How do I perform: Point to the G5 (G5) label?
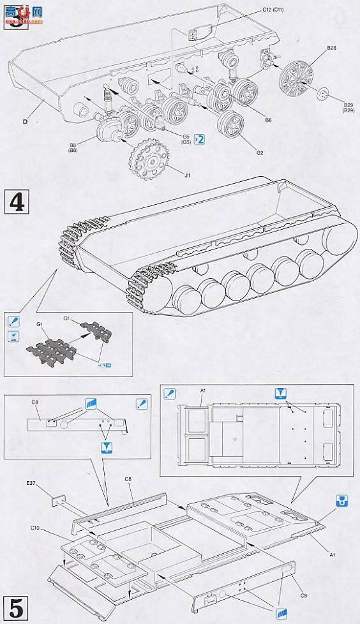(x=185, y=138)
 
